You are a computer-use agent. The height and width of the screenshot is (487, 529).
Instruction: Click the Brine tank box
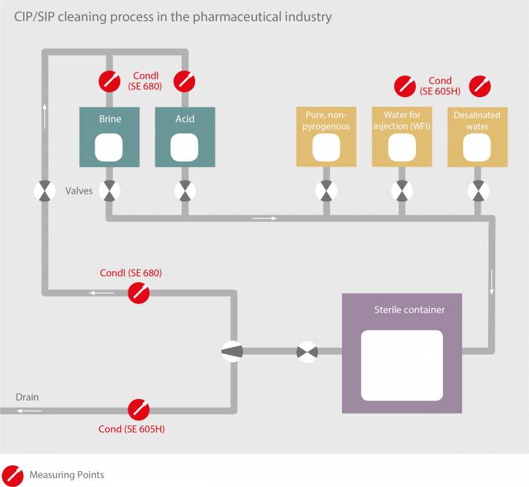[110, 137]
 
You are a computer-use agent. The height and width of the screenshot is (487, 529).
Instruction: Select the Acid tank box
[185, 137]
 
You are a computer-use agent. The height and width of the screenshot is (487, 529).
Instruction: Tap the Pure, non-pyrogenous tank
[326, 137]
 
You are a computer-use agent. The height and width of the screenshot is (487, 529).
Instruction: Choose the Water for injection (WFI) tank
[401, 137]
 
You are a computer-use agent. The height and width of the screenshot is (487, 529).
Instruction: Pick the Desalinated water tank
[477, 137]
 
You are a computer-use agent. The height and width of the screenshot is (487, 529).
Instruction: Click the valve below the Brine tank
[110, 191]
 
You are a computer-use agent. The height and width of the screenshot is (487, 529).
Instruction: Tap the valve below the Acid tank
[185, 191]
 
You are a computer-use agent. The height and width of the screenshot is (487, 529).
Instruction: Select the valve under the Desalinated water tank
[477, 191]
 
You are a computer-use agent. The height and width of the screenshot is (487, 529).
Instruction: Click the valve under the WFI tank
[401, 191]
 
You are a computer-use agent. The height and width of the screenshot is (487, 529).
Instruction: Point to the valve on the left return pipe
[44, 191]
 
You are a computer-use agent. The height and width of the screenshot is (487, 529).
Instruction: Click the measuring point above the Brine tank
[110, 81]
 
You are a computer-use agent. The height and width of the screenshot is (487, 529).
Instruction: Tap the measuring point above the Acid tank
[185, 81]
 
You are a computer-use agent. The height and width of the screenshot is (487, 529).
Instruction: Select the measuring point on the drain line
[138, 410]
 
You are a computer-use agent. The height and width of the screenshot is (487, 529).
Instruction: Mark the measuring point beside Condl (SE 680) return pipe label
[138, 291]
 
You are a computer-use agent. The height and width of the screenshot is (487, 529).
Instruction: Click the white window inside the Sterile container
[401, 365]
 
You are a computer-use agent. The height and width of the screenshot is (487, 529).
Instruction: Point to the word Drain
[27, 397]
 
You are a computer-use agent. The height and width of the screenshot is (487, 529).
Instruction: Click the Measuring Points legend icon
[13, 474]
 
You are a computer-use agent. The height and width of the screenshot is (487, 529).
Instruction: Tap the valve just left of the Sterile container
[307, 351]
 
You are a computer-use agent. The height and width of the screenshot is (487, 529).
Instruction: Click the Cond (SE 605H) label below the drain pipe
[131, 430]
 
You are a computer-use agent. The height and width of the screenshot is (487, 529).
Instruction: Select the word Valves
[79, 191]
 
